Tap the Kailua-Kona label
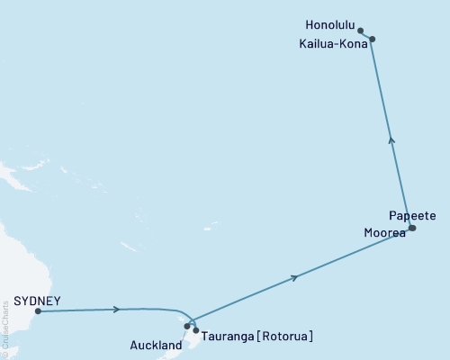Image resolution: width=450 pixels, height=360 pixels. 333,41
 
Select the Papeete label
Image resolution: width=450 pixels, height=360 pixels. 413,216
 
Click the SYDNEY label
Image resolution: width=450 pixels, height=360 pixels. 38,301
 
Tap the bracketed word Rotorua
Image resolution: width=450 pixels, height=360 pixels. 288,337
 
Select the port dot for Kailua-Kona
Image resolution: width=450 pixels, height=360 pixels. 372,39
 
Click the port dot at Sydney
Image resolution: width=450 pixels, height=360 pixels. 38,312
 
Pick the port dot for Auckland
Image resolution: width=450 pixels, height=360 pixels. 187,326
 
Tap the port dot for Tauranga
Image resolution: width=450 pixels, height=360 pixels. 196,330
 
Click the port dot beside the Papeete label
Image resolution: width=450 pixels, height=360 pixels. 412,228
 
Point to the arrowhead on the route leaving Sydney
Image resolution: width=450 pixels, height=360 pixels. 118,310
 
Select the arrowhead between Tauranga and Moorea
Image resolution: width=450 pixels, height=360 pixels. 295,278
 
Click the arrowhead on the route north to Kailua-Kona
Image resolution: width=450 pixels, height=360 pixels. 391,139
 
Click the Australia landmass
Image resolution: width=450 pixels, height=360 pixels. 13,261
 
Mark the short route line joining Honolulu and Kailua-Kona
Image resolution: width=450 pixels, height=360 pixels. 366,35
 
